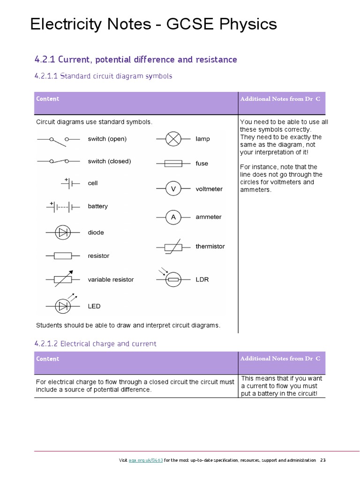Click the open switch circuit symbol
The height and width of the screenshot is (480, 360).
(x=59, y=139)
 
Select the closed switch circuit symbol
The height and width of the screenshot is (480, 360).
(x=59, y=161)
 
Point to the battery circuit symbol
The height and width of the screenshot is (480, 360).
(x=63, y=206)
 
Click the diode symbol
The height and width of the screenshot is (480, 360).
(x=62, y=232)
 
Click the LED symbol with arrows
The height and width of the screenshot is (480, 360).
(x=63, y=305)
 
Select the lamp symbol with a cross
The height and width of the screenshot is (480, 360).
(x=173, y=139)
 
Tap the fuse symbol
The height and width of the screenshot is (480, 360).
(x=173, y=164)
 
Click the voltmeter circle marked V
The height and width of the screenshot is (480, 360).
(x=173, y=189)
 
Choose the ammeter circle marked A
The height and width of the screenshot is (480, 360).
(x=173, y=217)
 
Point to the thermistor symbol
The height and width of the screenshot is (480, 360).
(x=173, y=247)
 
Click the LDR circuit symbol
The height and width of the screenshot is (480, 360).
(x=173, y=279)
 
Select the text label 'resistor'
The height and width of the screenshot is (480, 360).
(x=98, y=256)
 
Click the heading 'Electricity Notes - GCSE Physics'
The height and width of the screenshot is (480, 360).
(x=153, y=24)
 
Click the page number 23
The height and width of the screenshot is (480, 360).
(x=322, y=460)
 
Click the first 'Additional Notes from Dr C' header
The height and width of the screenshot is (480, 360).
(x=280, y=99)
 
